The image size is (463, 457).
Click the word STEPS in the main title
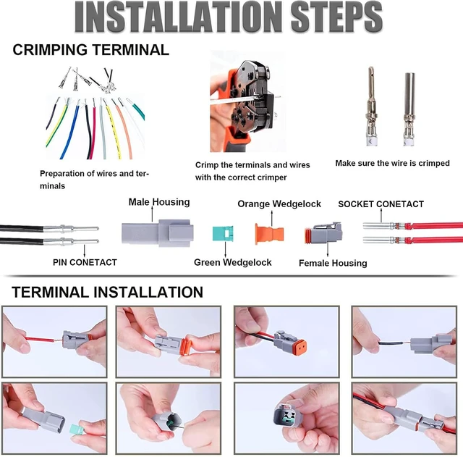pos(336,17)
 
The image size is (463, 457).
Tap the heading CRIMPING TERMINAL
pos(90,49)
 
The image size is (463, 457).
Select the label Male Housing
pos(159,202)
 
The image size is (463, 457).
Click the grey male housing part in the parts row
pos(158,233)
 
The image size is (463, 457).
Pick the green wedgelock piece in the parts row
pos(223,233)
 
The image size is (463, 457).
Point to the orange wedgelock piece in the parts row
pos(269,234)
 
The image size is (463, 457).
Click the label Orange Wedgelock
pos(279,204)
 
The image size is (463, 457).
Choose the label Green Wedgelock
pos(233,262)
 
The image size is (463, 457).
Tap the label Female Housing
pos(333,263)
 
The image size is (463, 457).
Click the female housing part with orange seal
pos(323,233)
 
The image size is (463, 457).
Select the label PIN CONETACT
pos(85,262)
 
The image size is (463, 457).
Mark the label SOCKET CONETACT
pos(381,204)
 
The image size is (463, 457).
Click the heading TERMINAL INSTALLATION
pos(108,292)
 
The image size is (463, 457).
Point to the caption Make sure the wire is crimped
pos(392,163)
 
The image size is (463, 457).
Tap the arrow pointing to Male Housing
pos(153,214)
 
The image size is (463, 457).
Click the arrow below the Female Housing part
pos(328,250)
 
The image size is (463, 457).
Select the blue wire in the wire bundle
pos(70,130)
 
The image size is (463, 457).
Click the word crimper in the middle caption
pos(273,177)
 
